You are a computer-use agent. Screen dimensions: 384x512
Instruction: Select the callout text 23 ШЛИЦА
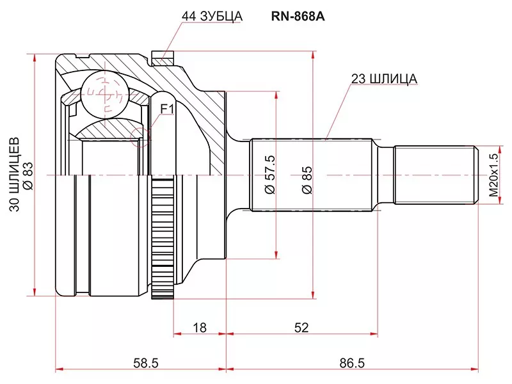(x=383, y=79)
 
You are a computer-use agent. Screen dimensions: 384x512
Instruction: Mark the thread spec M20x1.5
(x=493, y=174)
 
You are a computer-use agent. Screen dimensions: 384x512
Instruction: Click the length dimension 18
(x=200, y=328)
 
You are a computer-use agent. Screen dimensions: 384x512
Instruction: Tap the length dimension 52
(x=301, y=328)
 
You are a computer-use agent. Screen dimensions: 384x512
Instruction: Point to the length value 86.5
(x=352, y=363)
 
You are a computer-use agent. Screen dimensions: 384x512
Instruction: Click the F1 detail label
(x=167, y=109)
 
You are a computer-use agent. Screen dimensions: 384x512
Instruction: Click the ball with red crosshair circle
(x=102, y=93)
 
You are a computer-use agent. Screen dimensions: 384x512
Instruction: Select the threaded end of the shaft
(x=435, y=174)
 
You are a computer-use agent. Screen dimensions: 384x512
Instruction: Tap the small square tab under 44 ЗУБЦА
(x=163, y=58)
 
